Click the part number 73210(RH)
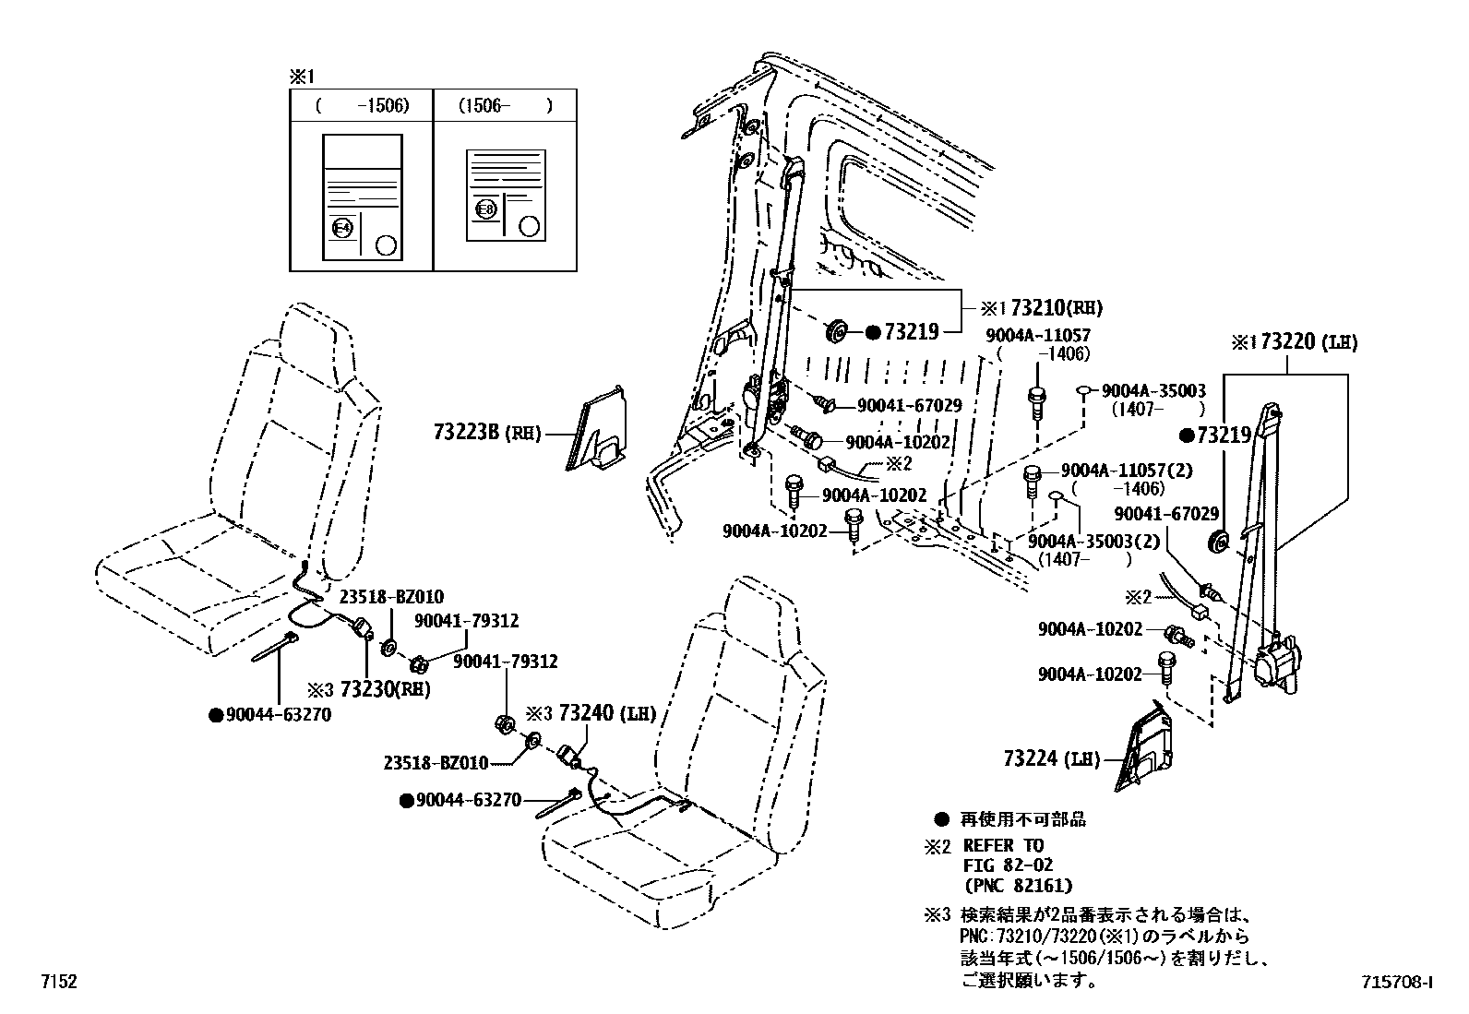[x=1056, y=308]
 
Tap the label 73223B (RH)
[x=485, y=431]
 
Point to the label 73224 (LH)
[x=1052, y=758]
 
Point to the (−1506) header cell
[x=362, y=105]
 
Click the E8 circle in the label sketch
[x=485, y=209]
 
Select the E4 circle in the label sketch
[x=341, y=228]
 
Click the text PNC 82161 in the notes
[x=1017, y=886]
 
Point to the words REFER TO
[x=1002, y=845]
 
